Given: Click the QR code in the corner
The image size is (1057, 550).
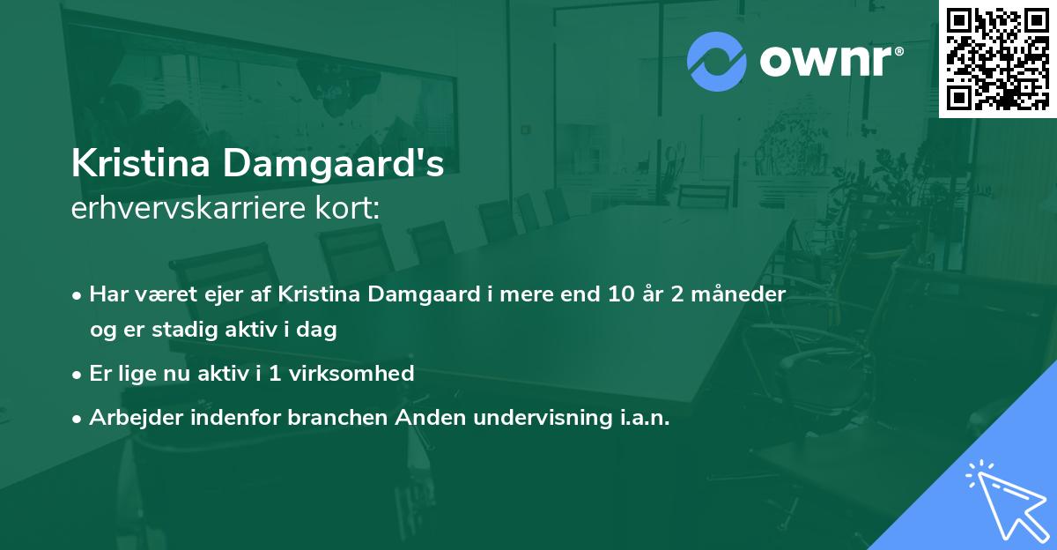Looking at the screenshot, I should [997, 58].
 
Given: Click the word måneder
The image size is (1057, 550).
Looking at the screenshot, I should [742, 294].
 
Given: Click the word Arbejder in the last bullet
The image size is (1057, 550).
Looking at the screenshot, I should [130, 418].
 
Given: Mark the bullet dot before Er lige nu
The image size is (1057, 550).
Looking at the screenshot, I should [78, 375].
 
